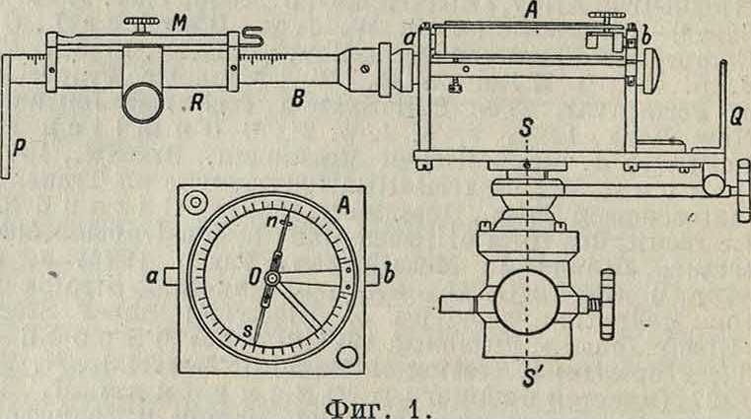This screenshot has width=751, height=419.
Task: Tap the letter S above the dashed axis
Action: point(530,127)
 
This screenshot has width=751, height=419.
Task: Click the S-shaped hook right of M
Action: point(255,37)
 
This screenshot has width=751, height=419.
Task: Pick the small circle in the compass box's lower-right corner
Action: point(346,355)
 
